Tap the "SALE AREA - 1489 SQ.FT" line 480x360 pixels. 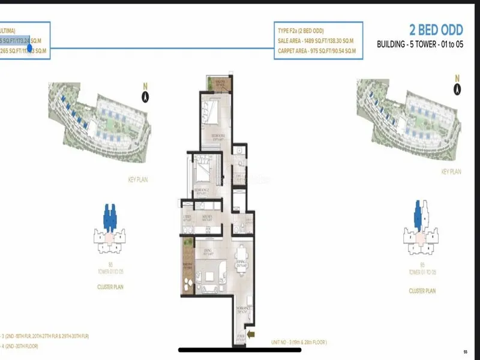pyautogui.click(x=316, y=41)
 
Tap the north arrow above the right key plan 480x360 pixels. pyautogui.click(x=457, y=90)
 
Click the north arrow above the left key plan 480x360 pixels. pyautogui.click(x=145, y=96)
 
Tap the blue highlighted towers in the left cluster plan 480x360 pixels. pyautogui.click(x=110, y=216)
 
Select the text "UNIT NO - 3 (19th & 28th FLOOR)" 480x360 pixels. pyautogui.click(x=297, y=342)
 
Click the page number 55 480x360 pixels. pyautogui.click(x=465, y=352)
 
